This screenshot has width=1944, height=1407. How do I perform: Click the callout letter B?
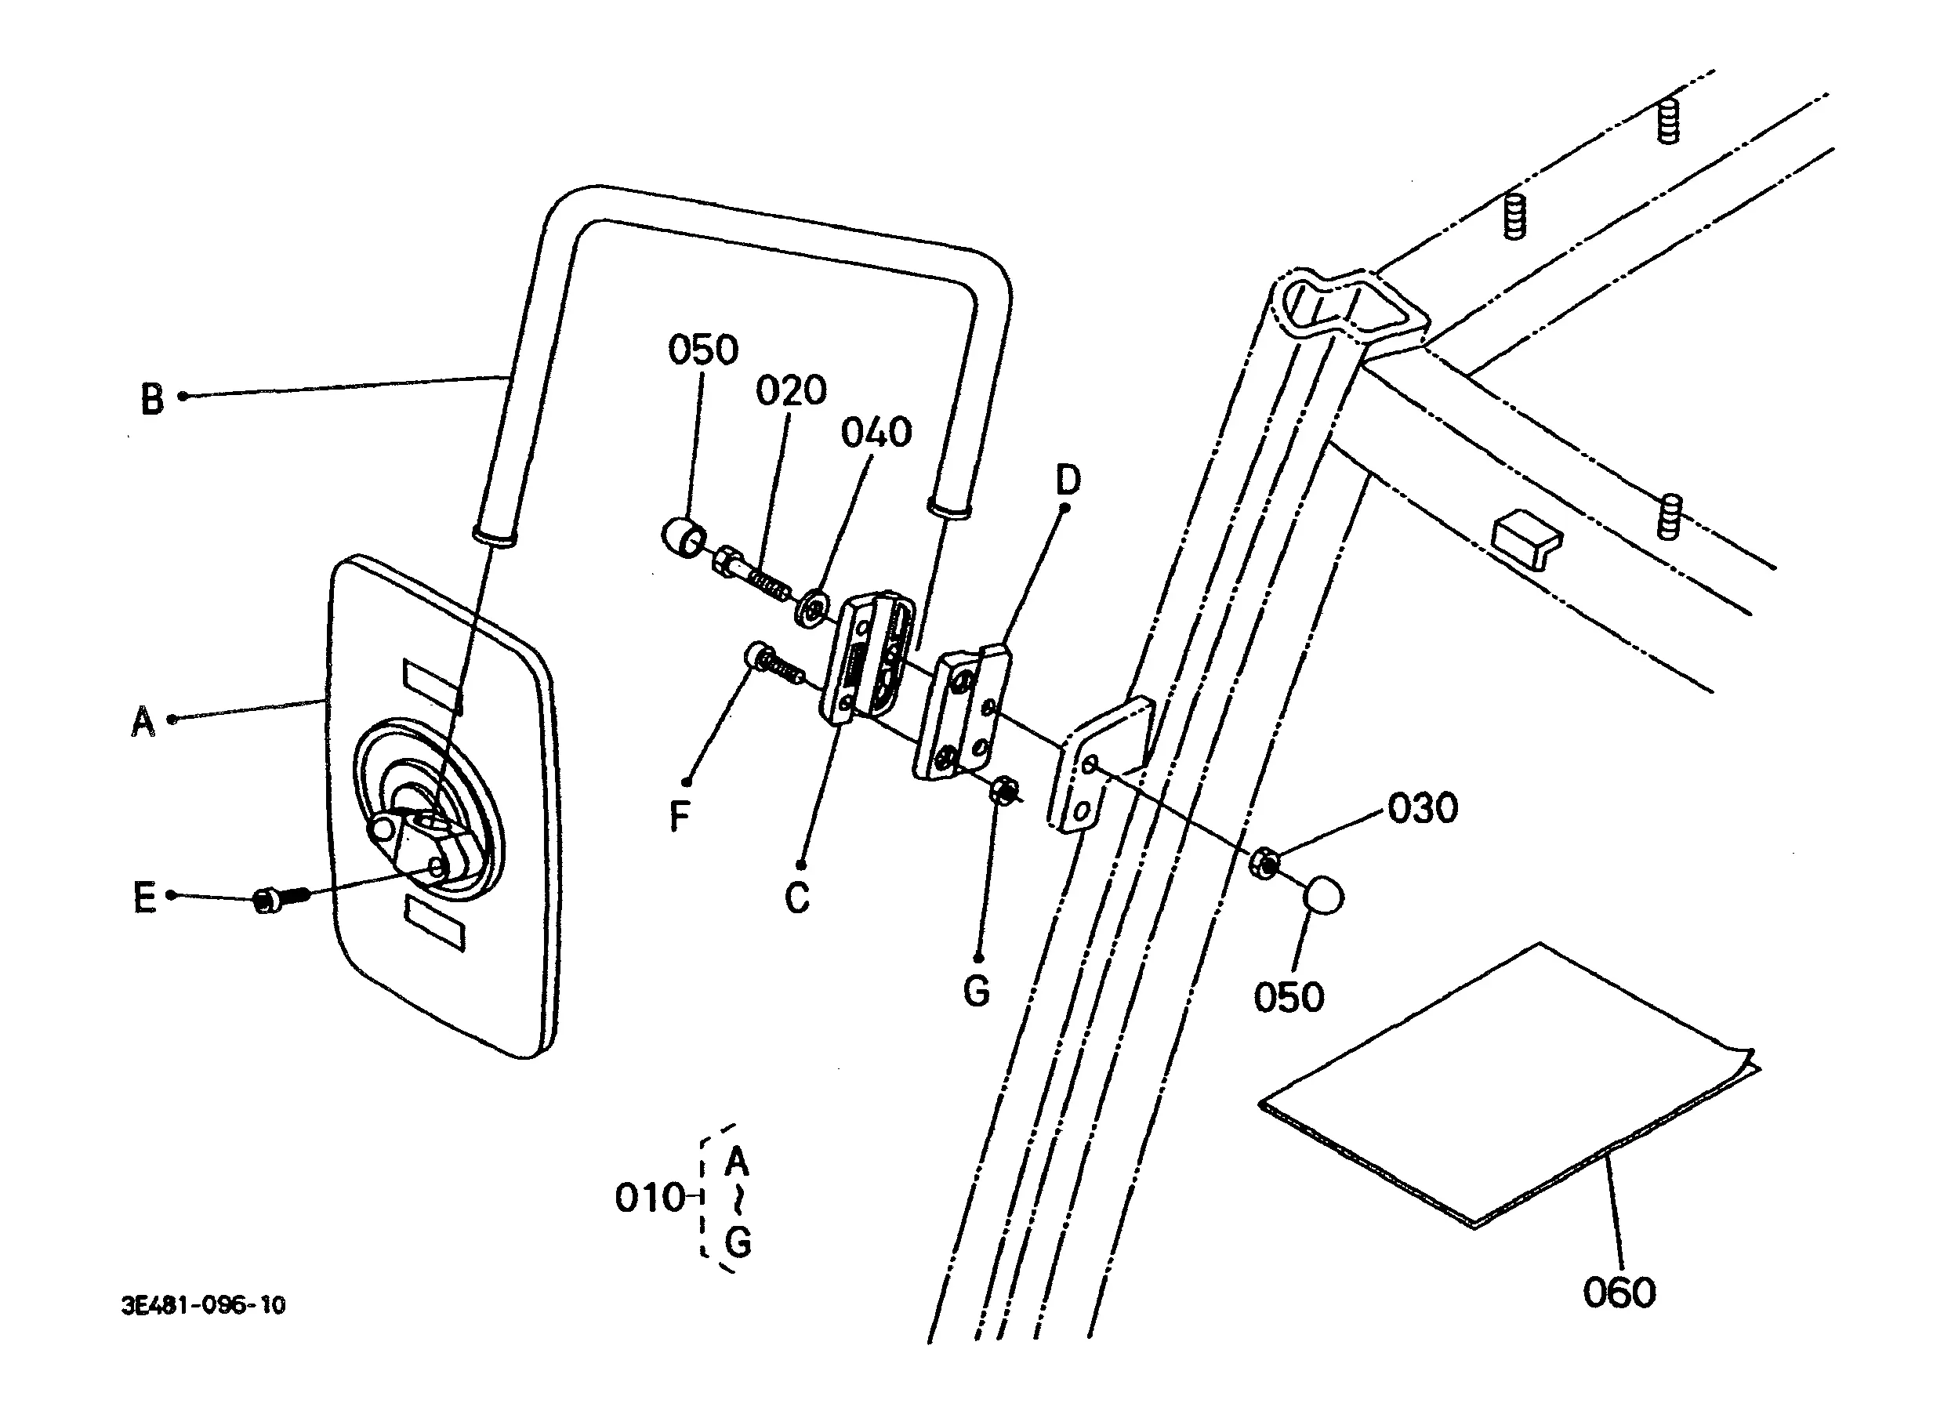tap(152, 398)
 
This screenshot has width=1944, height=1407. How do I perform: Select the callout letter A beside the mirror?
tap(143, 720)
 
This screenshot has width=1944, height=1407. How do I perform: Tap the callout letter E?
tap(145, 898)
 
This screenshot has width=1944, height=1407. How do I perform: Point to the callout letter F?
tap(679, 816)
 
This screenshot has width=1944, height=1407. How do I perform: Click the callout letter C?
tap(797, 898)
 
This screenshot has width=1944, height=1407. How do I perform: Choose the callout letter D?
tap(1068, 480)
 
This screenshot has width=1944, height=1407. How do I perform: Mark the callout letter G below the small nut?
tap(976, 991)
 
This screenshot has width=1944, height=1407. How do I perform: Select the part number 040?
tap(876, 433)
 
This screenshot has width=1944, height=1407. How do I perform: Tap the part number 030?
tap(1423, 808)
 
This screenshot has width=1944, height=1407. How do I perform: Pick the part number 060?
tap(1619, 1293)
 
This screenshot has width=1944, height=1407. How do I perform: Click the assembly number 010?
tap(651, 1198)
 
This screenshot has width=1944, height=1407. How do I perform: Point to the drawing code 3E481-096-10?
tap(203, 1305)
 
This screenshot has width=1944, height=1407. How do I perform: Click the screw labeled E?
tap(282, 900)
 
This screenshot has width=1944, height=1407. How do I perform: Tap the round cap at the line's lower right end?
tap(1323, 894)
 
